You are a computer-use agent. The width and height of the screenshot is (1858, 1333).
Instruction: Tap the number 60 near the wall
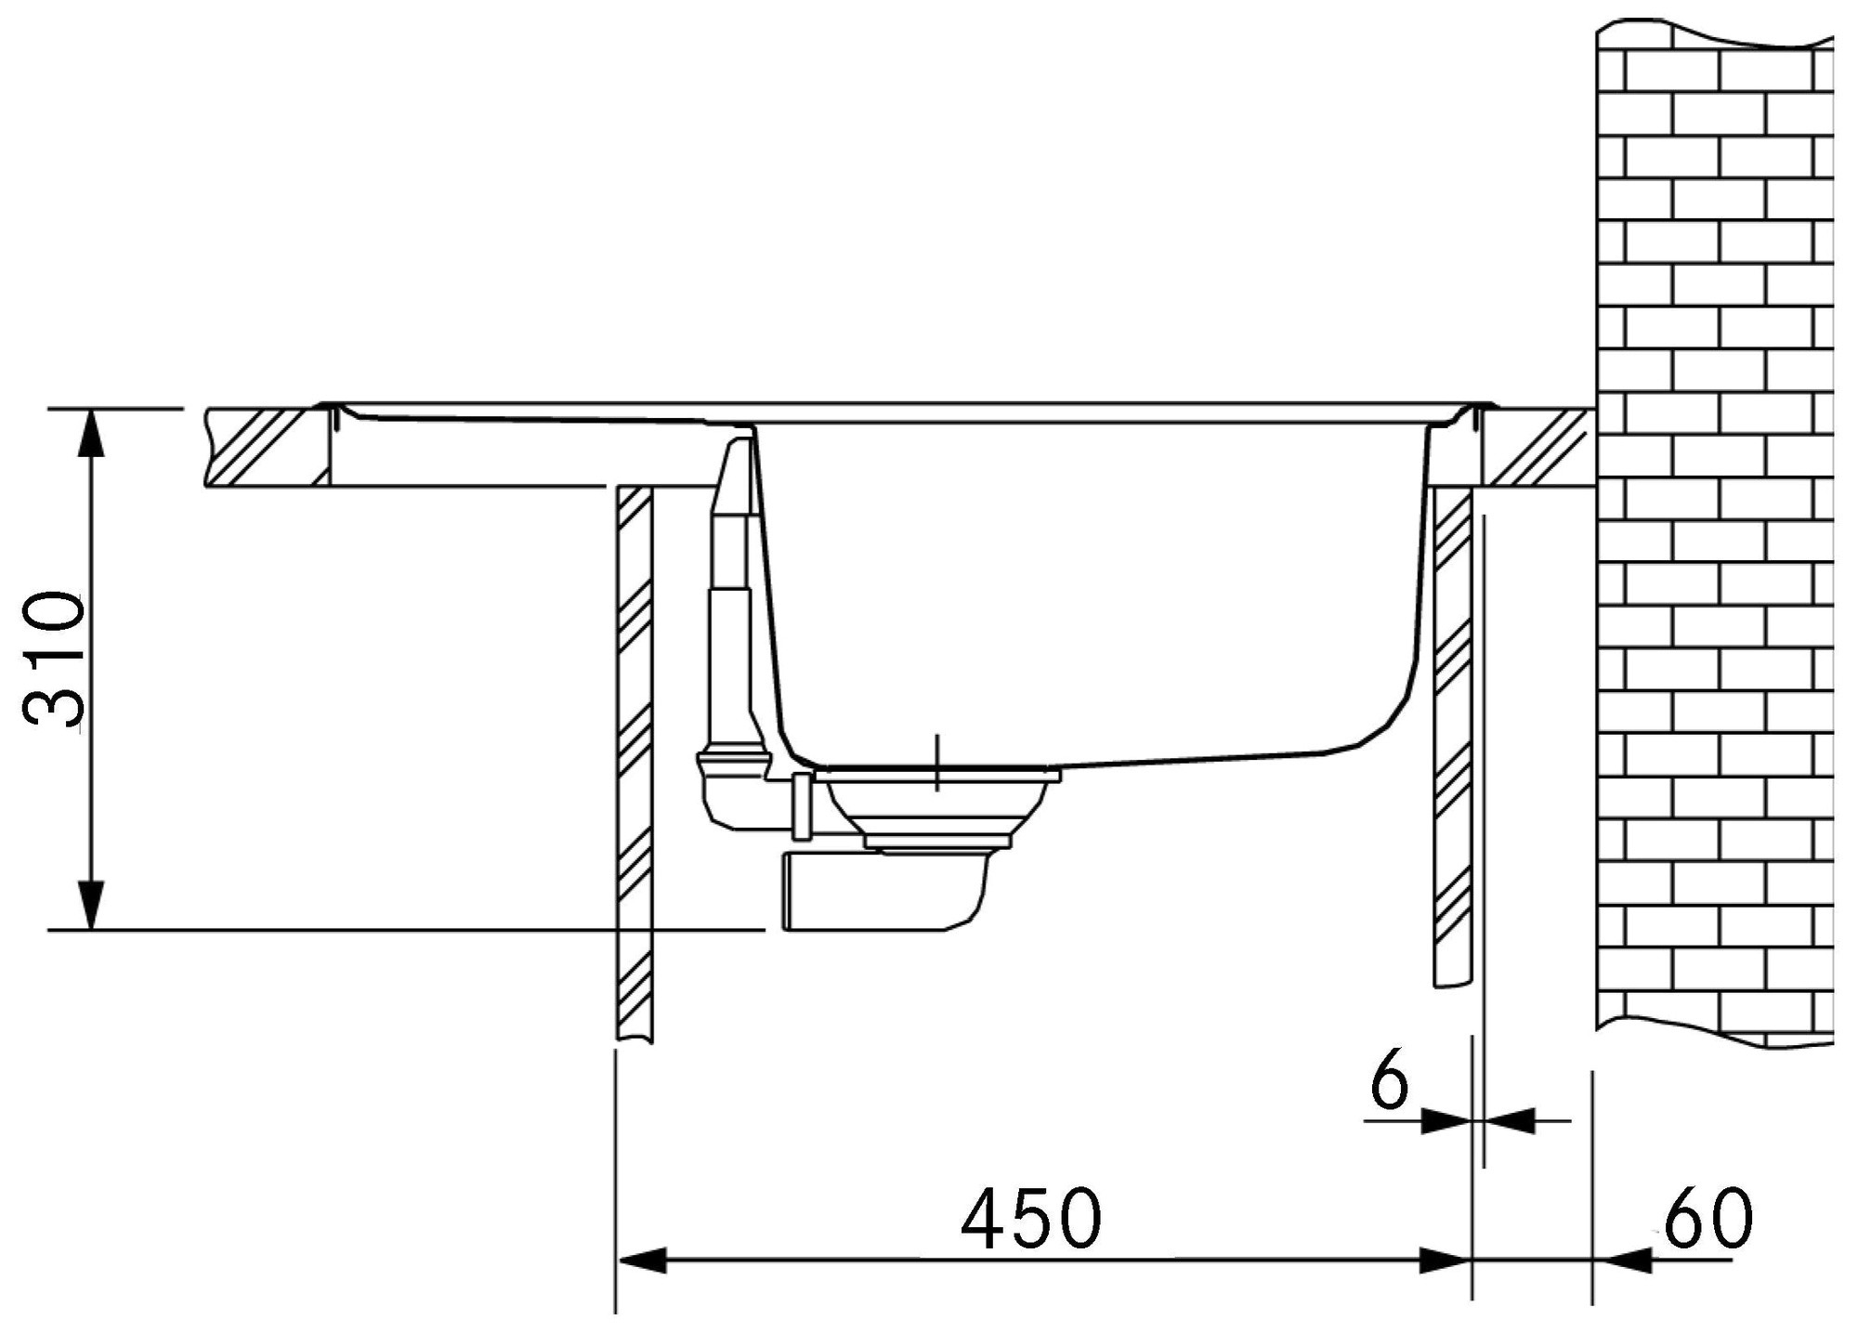[x=1708, y=1218]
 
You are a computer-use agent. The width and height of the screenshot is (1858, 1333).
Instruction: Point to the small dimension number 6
[x=1391, y=1081]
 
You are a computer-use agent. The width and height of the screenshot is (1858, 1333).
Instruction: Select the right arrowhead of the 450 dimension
[x=1446, y=1261]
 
